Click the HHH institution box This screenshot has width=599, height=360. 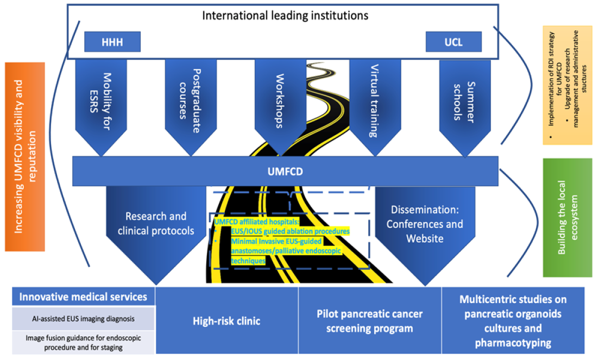tap(112, 41)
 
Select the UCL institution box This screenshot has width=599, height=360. tap(453, 41)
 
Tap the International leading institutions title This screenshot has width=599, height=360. tap(285, 15)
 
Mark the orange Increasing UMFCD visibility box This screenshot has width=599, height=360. tap(25, 157)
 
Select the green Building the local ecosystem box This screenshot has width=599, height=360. tap(568, 217)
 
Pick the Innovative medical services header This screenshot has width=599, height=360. tap(84, 297)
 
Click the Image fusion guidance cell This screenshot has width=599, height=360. tap(84, 342)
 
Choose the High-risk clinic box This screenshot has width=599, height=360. tap(226, 321)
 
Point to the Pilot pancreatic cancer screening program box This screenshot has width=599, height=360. tap(370, 321)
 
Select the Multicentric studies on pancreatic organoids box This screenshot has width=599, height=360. tap(513, 321)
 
